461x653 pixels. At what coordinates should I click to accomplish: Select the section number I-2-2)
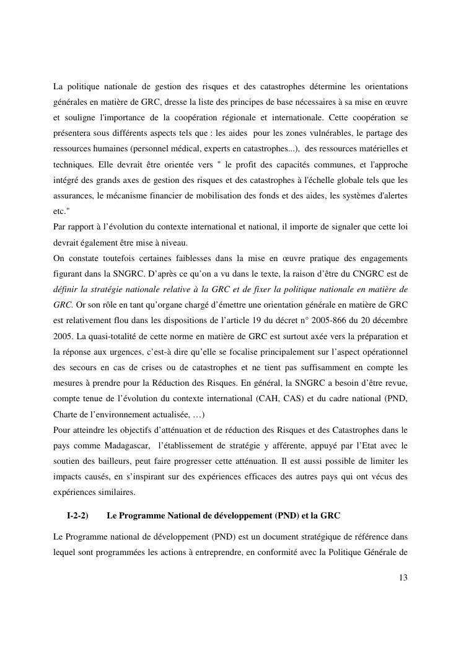point(77,515)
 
